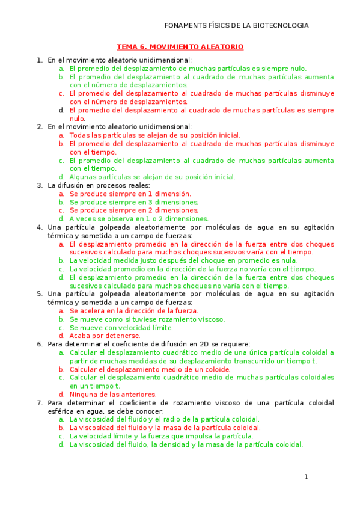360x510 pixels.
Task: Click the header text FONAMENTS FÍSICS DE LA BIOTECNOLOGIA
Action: pos(236,25)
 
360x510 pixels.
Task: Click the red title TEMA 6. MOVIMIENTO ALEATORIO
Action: pos(180,46)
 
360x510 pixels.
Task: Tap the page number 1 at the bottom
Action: pos(306,477)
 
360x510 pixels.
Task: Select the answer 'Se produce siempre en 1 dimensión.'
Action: pos(130,194)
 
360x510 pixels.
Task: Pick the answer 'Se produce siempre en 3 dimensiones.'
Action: pos(133,203)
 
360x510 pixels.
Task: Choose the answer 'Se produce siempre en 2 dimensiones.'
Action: pos(133,210)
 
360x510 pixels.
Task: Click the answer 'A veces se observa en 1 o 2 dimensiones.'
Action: pos(139,219)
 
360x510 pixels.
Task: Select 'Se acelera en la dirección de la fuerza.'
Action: pos(133,311)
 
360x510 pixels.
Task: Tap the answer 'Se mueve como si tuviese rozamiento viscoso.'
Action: pos(147,319)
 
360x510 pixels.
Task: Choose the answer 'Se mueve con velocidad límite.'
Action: pos(121,328)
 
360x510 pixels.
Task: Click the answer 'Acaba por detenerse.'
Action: pos(105,336)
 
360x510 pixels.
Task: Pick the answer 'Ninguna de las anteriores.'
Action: pos(113,395)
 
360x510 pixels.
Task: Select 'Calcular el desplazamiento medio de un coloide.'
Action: pos(150,369)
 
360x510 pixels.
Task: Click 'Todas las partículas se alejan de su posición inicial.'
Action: pos(154,135)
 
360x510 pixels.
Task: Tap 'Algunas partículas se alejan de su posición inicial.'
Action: pos(152,177)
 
